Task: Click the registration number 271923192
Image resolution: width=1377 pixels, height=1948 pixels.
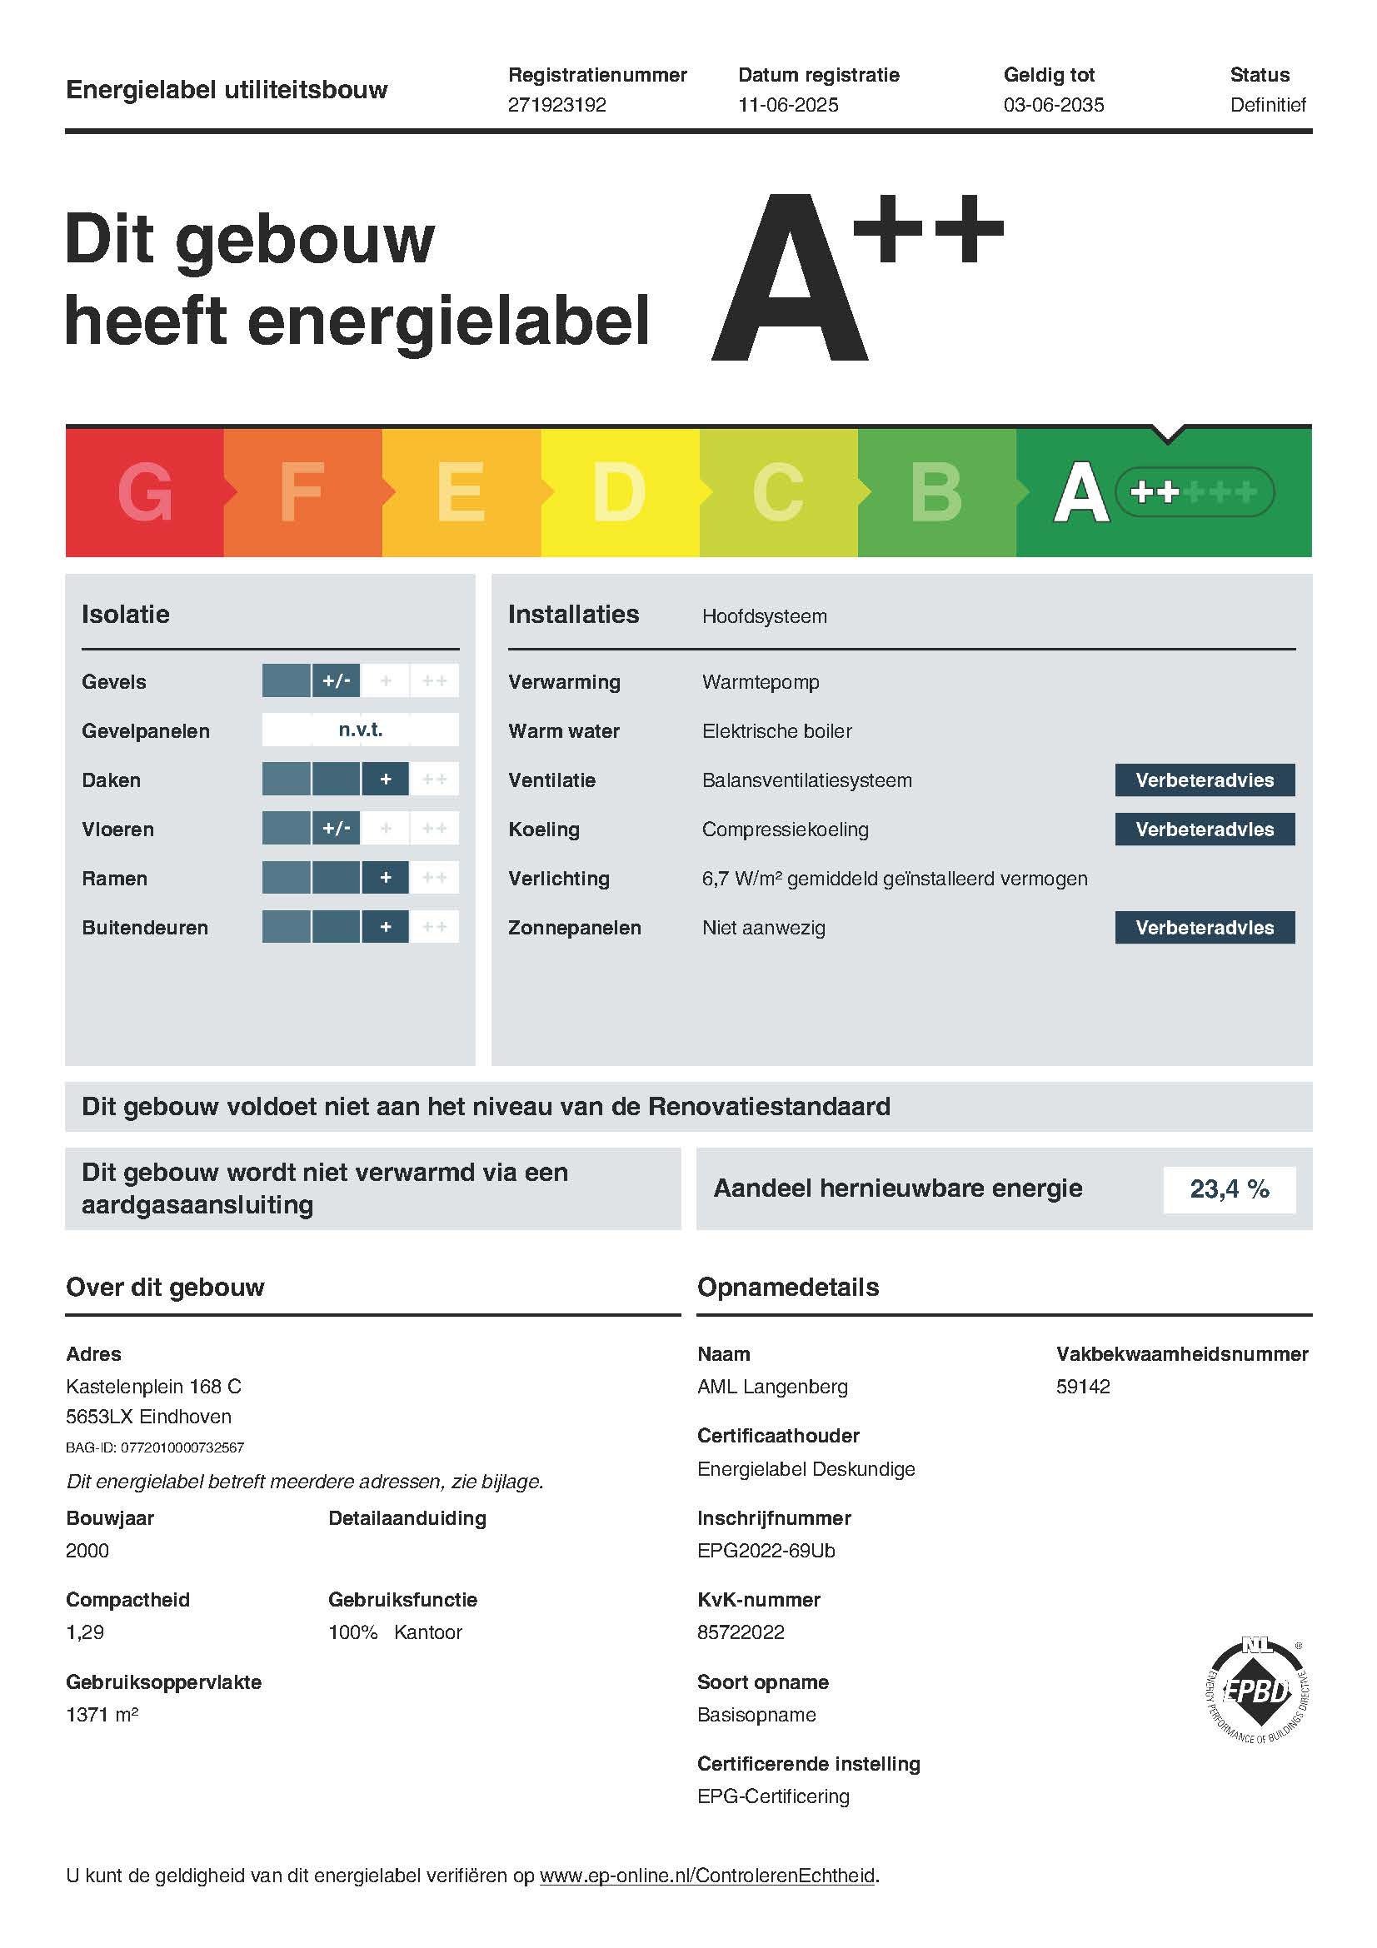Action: [556, 104]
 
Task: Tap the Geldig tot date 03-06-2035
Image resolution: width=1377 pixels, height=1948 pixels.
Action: [1053, 104]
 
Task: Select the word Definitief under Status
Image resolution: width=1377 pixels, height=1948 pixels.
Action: [1268, 104]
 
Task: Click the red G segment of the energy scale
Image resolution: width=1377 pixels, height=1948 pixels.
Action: [144, 492]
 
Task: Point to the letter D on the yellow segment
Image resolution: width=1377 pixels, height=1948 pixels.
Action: [618, 492]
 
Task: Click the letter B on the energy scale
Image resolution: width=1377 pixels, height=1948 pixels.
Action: [935, 492]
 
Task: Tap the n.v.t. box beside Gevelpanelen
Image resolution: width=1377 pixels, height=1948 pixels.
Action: [361, 730]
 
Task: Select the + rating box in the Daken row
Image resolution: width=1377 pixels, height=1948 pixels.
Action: [385, 779]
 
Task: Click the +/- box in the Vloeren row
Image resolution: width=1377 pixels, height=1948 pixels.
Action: [336, 828]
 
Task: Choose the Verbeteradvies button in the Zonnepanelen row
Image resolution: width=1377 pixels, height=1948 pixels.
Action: [1204, 927]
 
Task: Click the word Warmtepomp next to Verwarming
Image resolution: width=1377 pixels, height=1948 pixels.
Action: [761, 682]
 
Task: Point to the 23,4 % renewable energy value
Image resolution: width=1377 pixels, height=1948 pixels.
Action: [1229, 1188]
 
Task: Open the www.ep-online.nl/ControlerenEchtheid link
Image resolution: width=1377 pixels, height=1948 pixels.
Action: [706, 1875]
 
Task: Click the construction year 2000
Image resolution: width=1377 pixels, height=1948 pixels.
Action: [87, 1550]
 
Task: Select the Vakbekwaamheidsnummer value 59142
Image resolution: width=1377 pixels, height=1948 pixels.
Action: [1083, 1387]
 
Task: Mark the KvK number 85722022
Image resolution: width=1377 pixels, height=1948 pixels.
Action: [741, 1632]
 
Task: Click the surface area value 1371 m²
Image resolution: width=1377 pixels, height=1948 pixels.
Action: [102, 1714]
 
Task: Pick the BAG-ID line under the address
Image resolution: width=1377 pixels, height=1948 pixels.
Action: [155, 1447]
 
